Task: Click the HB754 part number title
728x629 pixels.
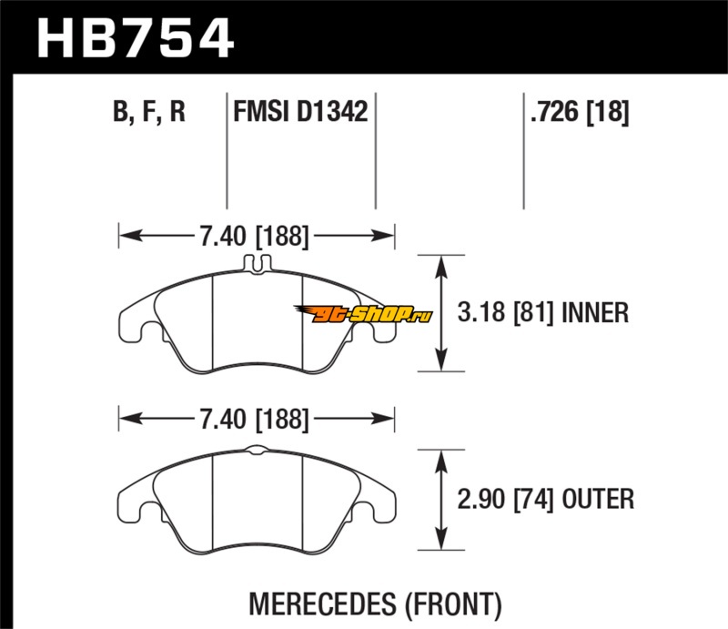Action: click(135, 37)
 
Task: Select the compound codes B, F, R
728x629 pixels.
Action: click(149, 111)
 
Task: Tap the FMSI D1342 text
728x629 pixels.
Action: click(300, 111)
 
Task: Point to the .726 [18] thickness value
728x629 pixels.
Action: click(580, 111)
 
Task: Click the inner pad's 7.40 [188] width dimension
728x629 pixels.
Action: click(254, 236)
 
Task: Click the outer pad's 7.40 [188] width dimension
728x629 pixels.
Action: click(254, 419)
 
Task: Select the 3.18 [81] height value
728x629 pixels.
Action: click(506, 312)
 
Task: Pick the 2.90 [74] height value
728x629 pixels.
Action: click(506, 500)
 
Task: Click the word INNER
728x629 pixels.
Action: click(595, 312)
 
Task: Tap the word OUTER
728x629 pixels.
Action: click(598, 500)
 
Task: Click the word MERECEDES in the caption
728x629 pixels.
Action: click(324, 604)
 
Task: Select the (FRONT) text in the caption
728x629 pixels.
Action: click(453, 604)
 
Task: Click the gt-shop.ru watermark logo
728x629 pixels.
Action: click(363, 314)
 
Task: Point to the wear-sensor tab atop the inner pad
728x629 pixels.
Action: click(258, 263)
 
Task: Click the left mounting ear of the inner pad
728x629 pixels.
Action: click(135, 323)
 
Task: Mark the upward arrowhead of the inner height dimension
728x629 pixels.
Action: click(441, 265)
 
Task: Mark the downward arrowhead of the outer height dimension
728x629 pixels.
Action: click(441, 540)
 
